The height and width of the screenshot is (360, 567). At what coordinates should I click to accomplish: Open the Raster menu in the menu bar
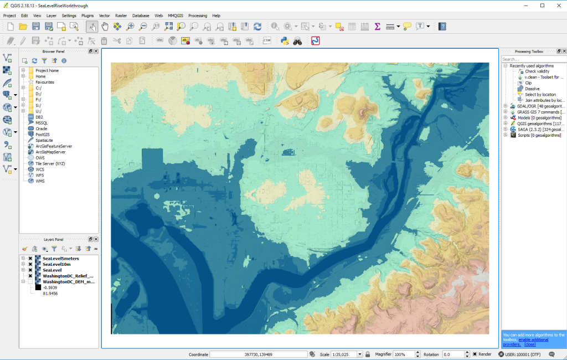(x=121, y=16)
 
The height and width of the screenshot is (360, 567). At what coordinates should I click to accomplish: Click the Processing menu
(x=198, y=16)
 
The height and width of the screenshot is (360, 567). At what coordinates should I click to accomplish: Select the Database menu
(x=141, y=16)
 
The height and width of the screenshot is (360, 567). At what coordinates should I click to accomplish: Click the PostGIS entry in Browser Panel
(x=43, y=135)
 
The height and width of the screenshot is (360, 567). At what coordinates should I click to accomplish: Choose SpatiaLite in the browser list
(x=44, y=140)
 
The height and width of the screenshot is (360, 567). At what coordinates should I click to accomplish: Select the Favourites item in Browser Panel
(x=45, y=82)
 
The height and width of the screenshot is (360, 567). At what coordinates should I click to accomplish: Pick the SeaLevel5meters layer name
(x=61, y=258)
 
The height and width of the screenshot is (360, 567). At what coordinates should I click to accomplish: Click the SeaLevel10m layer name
(x=58, y=264)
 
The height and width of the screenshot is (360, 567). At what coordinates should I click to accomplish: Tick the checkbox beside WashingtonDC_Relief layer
(x=30, y=276)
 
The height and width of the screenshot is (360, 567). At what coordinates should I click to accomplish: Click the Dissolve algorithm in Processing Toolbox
(x=532, y=89)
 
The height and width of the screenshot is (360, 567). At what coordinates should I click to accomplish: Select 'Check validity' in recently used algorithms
(x=538, y=71)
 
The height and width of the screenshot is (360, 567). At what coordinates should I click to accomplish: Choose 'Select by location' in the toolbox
(x=540, y=95)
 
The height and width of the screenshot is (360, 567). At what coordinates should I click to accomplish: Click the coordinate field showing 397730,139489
(x=258, y=354)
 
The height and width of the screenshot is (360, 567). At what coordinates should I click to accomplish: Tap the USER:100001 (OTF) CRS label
(x=523, y=354)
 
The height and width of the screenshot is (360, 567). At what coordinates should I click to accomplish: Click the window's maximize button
(x=542, y=6)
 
